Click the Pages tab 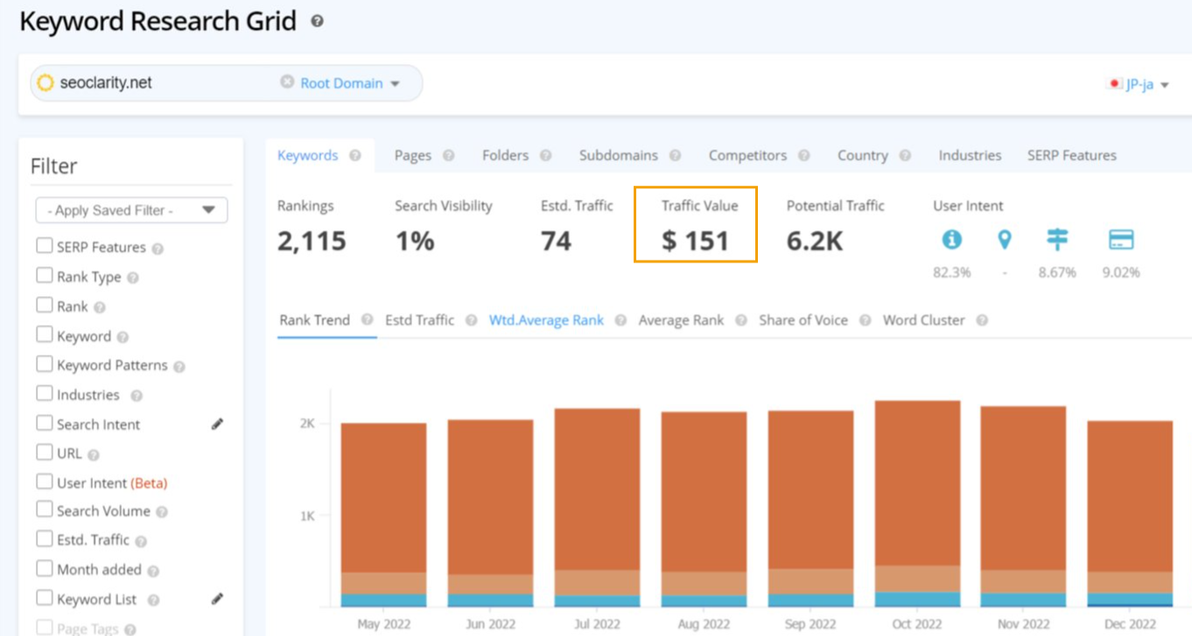pos(412,155)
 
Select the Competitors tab pos(747,155)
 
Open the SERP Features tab pos(1071,155)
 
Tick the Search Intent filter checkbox pos(45,423)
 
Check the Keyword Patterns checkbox pos(45,364)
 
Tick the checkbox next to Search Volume pos(45,510)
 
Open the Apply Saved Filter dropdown pos(132,210)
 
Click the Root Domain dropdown pos(349,83)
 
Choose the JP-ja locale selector pos(1139,84)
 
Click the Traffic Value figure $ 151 pos(695,241)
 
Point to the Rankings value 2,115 pos(312,241)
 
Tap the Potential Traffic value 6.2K pos(814,241)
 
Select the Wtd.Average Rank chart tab pos(546,320)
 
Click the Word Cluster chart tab pos(923,320)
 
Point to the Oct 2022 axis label pos(916,624)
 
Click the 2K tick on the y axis pos(306,423)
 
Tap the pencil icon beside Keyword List pos(217,599)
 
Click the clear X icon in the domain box pos(287,81)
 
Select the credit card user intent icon pos(1120,239)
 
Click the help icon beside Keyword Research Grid pos(317,21)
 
